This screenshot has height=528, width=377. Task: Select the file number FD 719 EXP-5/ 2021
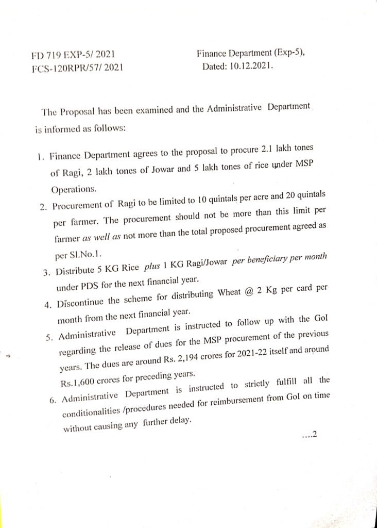72,54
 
